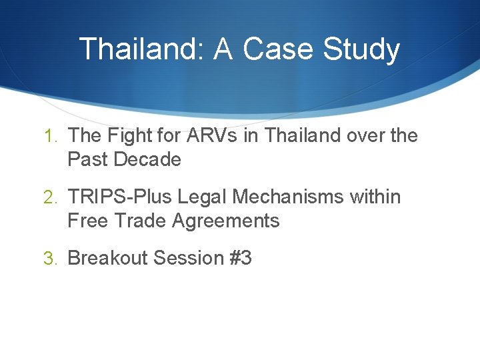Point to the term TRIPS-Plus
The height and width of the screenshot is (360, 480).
[x=124, y=197]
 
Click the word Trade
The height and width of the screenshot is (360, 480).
[x=141, y=221]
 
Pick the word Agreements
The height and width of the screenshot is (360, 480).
[x=226, y=221]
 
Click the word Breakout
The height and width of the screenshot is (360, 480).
[x=107, y=258]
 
